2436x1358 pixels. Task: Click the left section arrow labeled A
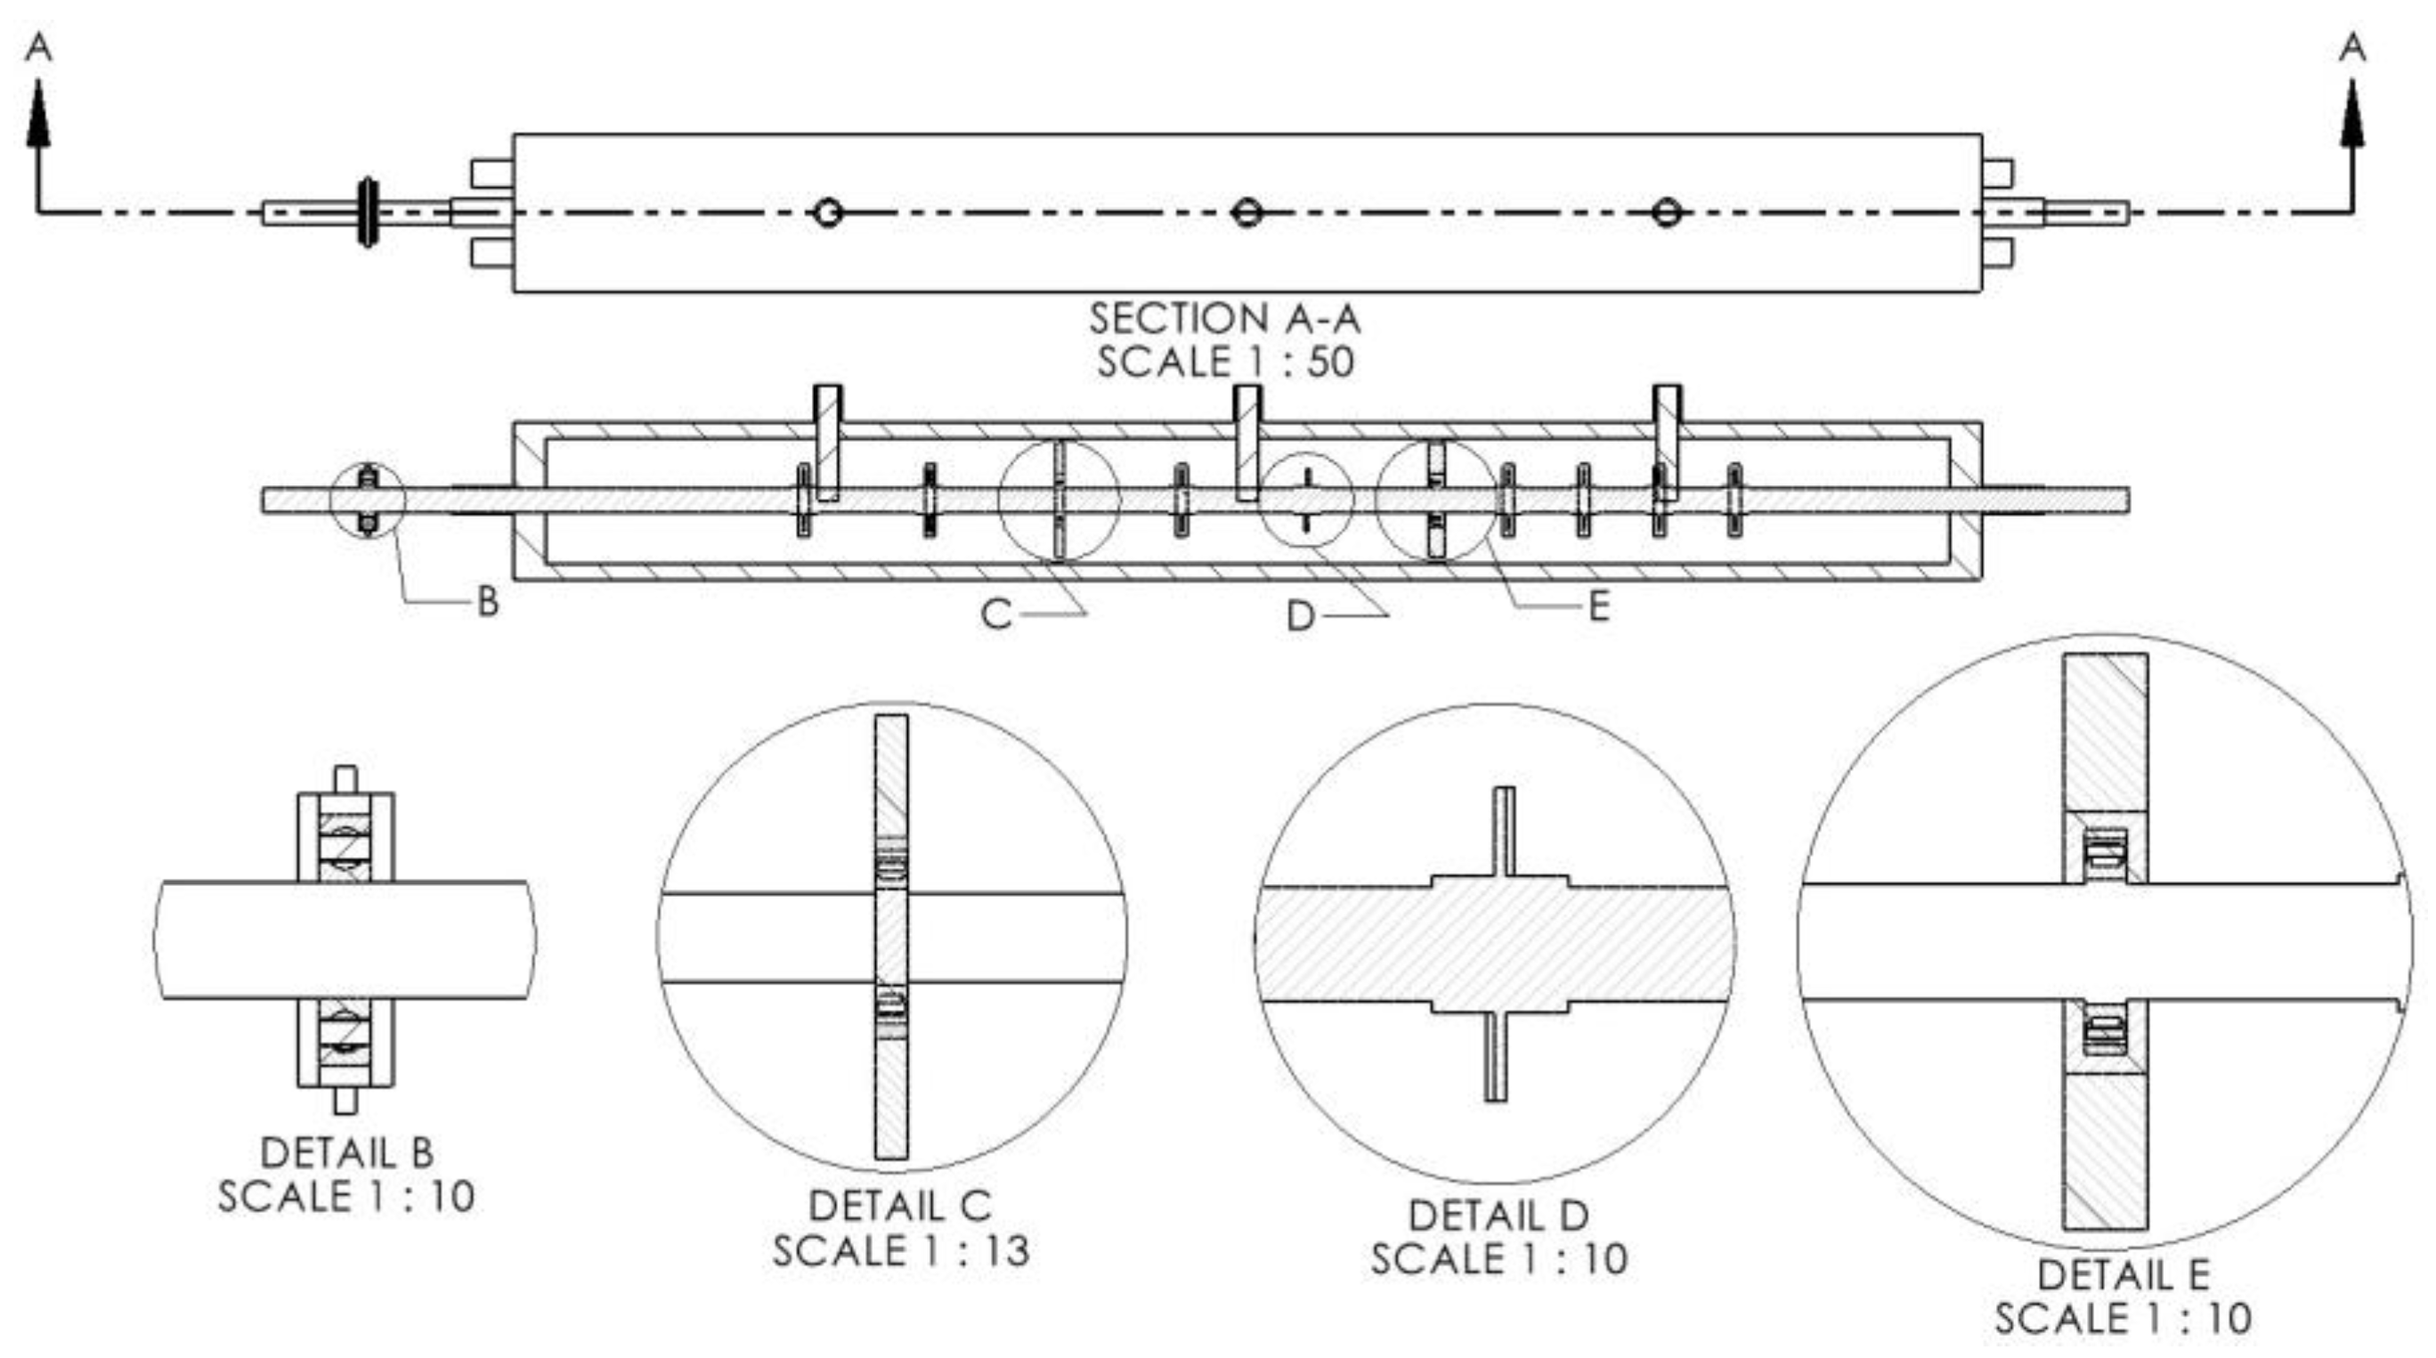coord(37,113)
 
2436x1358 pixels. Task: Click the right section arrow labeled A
coord(2351,113)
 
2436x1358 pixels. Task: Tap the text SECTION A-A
coord(1224,319)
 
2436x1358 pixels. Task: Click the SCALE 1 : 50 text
coord(1224,362)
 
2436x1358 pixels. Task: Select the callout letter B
coord(487,601)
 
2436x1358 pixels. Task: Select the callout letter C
coord(995,615)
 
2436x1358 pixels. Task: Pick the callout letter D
coord(1300,617)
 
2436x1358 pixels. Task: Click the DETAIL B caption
coord(347,1153)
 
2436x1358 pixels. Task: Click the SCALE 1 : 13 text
coord(900,1251)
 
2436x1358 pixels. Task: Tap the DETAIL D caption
coord(1498,1216)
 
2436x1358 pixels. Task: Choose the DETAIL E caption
coord(2123,1275)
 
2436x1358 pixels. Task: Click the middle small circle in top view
coord(1246,213)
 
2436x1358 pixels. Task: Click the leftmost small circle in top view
coord(827,213)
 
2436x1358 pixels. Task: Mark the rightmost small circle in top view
coord(1665,213)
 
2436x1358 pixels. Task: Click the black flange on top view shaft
coord(367,212)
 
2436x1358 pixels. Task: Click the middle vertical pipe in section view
coord(1248,442)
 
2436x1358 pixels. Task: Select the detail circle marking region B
coord(368,501)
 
